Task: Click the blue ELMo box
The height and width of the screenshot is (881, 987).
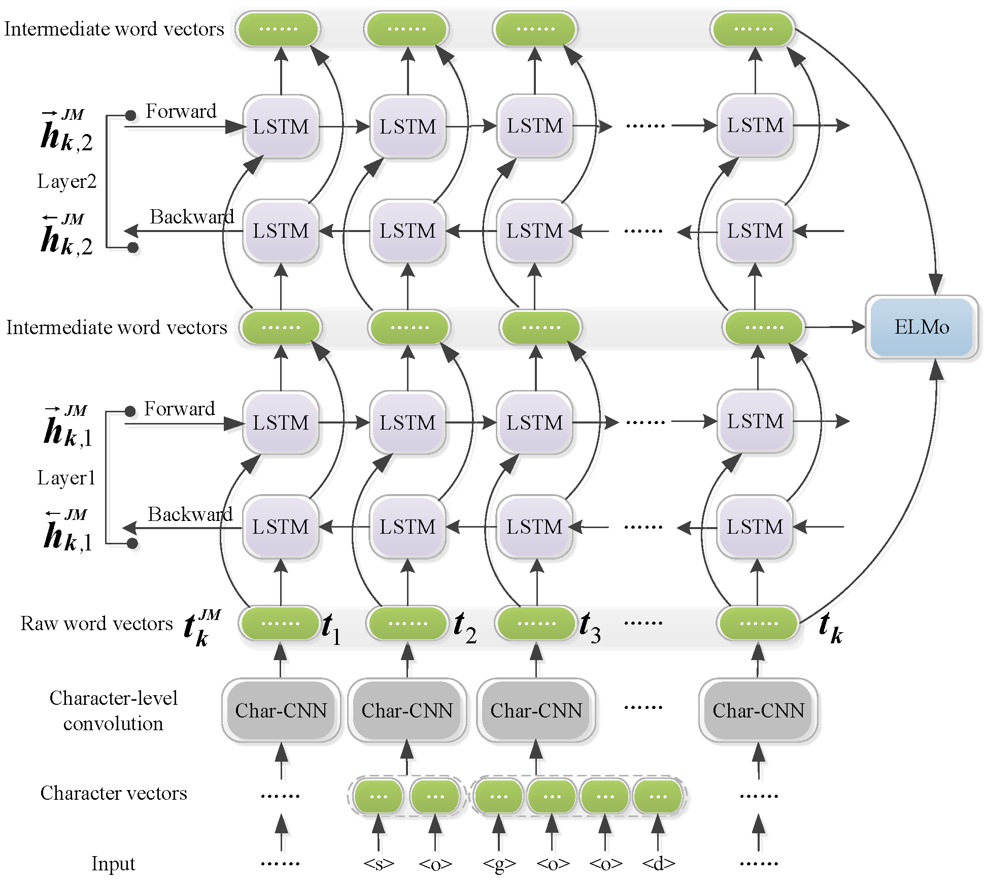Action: pyautogui.click(x=921, y=327)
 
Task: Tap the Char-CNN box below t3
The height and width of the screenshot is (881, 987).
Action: pyautogui.click(x=536, y=710)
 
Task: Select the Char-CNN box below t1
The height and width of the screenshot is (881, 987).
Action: pyautogui.click(x=281, y=710)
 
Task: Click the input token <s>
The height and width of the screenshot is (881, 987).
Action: pyautogui.click(x=379, y=863)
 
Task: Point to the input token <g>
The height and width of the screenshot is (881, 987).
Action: pyautogui.click(x=499, y=864)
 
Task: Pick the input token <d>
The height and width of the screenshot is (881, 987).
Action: pyautogui.click(x=658, y=863)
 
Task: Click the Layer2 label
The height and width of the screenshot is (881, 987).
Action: pyautogui.click(x=66, y=181)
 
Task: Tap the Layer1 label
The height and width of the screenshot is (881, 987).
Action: pyautogui.click(x=66, y=477)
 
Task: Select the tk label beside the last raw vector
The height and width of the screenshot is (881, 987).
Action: pyautogui.click(x=831, y=628)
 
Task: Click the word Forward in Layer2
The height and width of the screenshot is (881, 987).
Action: pyautogui.click(x=181, y=111)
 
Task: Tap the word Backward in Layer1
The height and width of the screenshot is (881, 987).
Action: pyautogui.click(x=190, y=514)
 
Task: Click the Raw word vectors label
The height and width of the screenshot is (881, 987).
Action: pyautogui.click(x=96, y=623)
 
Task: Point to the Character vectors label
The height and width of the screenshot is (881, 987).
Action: pyautogui.click(x=114, y=793)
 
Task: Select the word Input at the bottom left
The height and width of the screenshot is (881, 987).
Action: pyautogui.click(x=113, y=863)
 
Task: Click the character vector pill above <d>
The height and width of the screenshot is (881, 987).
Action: pyautogui.click(x=658, y=796)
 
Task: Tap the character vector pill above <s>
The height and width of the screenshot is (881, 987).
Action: pyautogui.click(x=379, y=796)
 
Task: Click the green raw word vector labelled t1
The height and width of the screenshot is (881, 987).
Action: pyautogui.click(x=280, y=623)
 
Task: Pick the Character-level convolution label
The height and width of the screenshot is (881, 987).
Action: pyautogui.click(x=113, y=710)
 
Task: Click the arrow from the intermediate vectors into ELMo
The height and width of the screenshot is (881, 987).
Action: pyautogui.click(x=835, y=327)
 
